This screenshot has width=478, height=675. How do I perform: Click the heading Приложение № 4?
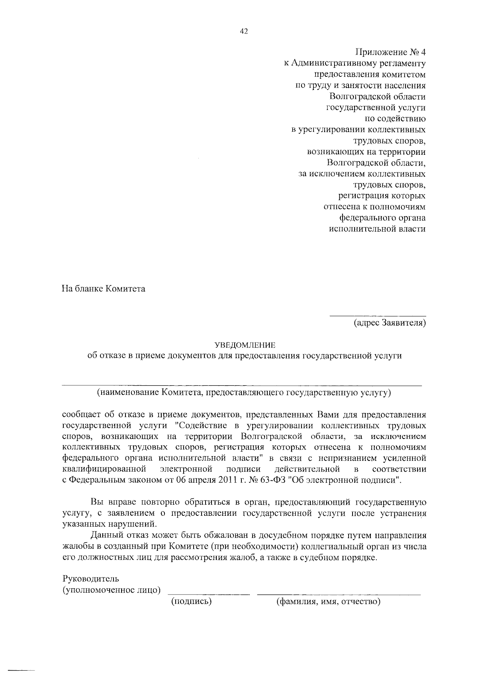click(x=390, y=52)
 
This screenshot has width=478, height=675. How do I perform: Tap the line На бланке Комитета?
click(x=104, y=289)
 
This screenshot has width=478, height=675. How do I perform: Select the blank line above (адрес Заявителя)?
click(x=377, y=316)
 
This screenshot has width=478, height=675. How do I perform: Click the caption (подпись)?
click(x=191, y=601)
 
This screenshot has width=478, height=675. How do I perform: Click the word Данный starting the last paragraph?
click(x=106, y=536)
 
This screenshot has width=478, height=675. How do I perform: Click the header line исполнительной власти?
click(x=377, y=229)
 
